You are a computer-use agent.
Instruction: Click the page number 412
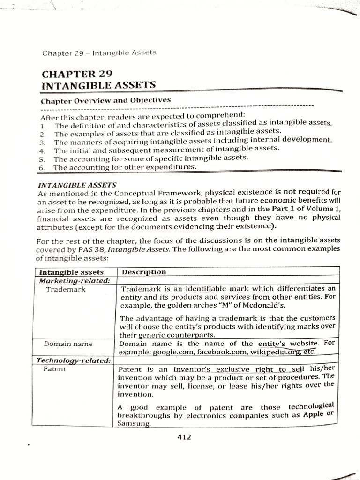(x=184, y=437)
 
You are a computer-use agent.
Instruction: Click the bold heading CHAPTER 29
(x=78, y=74)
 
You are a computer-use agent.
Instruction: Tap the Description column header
(x=143, y=272)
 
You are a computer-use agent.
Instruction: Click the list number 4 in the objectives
(x=42, y=151)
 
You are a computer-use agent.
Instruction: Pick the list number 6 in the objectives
(x=42, y=167)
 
